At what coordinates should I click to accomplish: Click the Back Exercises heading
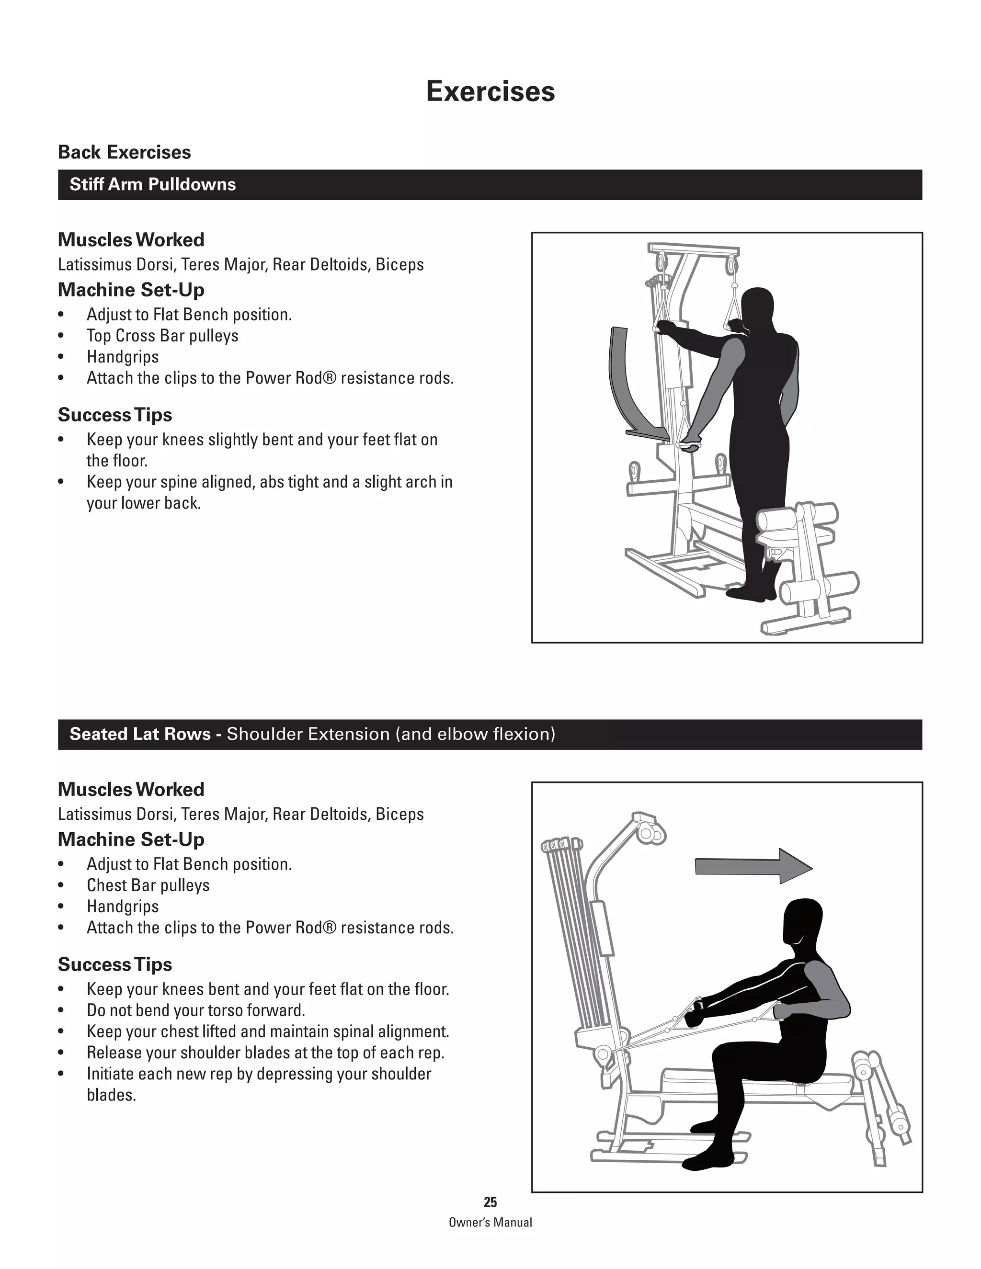coord(125,152)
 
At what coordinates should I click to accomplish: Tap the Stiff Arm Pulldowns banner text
coord(152,185)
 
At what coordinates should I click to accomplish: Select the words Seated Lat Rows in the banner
coord(140,735)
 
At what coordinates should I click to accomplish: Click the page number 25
coord(490,1202)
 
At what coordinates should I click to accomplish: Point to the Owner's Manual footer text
coord(490,1223)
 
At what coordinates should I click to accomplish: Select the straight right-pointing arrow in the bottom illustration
coord(753,866)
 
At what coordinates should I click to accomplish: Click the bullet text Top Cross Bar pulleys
coord(162,336)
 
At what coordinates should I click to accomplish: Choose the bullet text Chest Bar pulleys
coord(148,885)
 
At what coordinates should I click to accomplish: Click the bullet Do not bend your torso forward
coord(196,1010)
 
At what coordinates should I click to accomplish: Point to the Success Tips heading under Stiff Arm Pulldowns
coord(114,415)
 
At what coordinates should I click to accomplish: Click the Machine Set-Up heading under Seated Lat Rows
coord(131,839)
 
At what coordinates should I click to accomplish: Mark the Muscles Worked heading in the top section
coord(131,240)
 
